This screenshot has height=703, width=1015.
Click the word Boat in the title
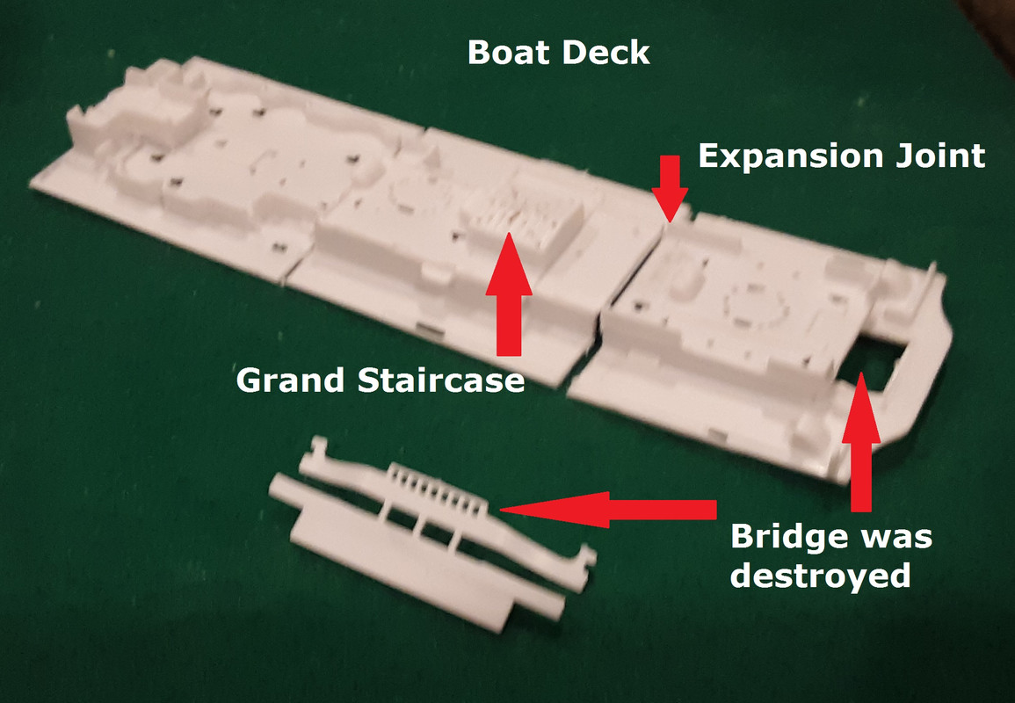point(510,52)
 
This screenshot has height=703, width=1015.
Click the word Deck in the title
point(605,52)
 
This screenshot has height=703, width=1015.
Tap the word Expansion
point(790,157)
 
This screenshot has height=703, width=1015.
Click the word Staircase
point(441,380)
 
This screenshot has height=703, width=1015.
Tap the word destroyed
point(820,574)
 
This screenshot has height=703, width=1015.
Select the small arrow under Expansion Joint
point(670,189)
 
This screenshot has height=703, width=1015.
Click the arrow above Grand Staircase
point(509,294)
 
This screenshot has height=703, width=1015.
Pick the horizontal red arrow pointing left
point(608,510)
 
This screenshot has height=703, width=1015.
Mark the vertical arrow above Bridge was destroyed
point(861,441)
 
